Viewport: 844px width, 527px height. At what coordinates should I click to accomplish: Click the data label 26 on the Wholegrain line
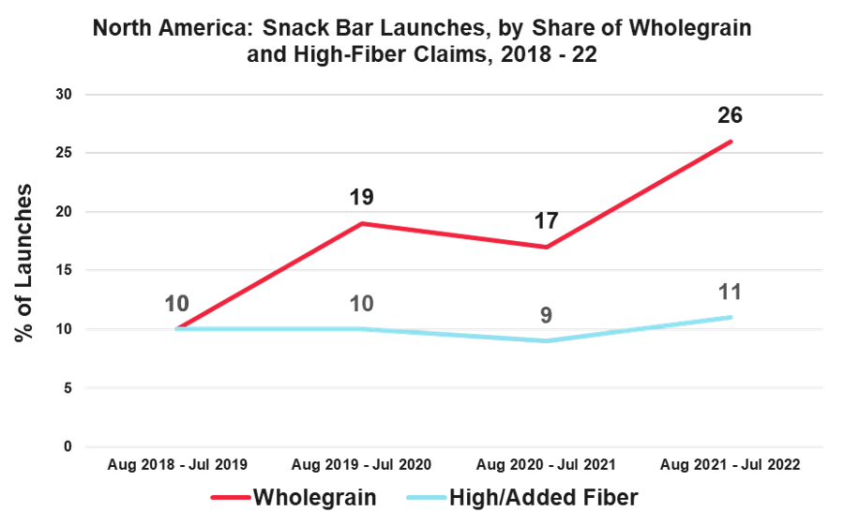[x=730, y=116]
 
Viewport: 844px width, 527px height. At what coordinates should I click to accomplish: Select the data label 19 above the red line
[x=362, y=198]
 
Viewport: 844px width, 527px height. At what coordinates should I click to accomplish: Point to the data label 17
[x=547, y=222]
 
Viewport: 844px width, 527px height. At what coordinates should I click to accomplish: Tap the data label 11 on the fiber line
[x=730, y=292]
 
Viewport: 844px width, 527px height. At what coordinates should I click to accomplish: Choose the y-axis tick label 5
[x=68, y=388]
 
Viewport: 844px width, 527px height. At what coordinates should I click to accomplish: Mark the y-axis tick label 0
[x=68, y=447]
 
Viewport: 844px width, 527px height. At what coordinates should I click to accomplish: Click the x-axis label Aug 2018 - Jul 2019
[x=179, y=465]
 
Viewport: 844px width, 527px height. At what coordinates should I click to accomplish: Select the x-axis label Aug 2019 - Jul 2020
[x=363, y=465]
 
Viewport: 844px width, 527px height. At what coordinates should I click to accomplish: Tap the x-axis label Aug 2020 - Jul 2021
[x=547, y=465]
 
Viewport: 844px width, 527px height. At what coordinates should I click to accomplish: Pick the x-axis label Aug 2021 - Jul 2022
[x=730, y=465]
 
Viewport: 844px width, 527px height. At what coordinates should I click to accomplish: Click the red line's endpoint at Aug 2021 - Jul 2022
[x=731, y=142]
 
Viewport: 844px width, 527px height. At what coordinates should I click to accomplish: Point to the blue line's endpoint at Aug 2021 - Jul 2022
[x=731, y=317]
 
